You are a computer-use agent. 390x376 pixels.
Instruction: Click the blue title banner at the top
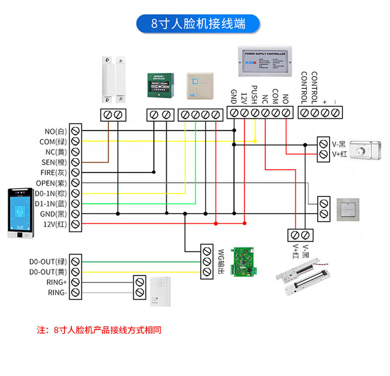pyautogui.click(x=198, y=24)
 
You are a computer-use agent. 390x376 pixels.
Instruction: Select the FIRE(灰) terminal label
pyautogui.click(x=54, y=172)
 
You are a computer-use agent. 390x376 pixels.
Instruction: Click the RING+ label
pyautogui.click(x=57, y=282)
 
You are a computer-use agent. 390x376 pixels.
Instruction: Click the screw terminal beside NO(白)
pyautogui.click(x=75, y=130)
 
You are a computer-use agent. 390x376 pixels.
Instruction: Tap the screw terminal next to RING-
pyautogui.click(x=75, y=293)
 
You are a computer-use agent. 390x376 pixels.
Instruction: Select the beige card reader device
pyautogui.click(x=199, y=85)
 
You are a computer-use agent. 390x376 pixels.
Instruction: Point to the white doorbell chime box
pyautogui.click(x=161, y=291)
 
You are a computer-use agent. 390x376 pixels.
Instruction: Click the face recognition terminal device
pyautogui.click(x=20, y=213)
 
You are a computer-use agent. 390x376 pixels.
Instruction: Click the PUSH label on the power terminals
pyautogui.click(x=254, y=94)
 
